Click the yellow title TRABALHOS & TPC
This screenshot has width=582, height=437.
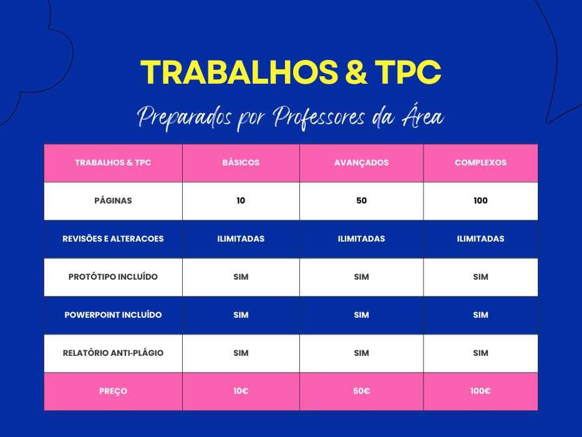click(291, 73)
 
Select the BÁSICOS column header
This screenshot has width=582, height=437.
click(241, 162)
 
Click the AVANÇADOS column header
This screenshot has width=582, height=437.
click(361, 162)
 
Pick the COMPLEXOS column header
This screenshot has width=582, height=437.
click(480, 162)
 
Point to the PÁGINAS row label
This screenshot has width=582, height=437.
click(113, 200)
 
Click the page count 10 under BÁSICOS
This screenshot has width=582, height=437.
click(241, 200)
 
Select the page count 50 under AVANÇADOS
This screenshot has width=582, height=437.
click(361, 200)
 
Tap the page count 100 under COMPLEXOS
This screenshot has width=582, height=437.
click(480, 200)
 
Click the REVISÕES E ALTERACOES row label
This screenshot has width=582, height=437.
click(113, 238)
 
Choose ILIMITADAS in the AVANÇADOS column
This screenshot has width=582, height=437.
click(361, 238)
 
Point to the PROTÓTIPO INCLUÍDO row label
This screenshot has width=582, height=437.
click(113, 277)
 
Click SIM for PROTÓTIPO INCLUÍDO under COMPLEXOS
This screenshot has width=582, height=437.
click(480, 277)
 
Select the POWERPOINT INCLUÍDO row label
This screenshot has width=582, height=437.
click(113, 315)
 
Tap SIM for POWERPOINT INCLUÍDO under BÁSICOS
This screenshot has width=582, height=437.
click(241, 315)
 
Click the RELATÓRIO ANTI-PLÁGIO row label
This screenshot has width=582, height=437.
click(113, 353)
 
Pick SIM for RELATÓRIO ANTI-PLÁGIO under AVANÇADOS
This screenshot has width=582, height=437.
click(361, 353)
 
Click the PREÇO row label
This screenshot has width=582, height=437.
click(113, 391)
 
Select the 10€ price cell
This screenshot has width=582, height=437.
click(241, 391)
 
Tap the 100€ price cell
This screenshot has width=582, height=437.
click(480, 391)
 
